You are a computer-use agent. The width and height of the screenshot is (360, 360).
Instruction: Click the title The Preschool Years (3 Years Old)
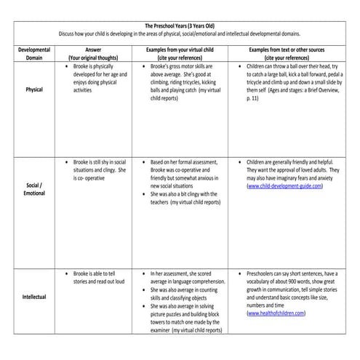point(180,25)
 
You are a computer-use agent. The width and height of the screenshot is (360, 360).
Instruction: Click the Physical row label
point(34,89)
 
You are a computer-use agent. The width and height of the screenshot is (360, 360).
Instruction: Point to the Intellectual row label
point(34,297)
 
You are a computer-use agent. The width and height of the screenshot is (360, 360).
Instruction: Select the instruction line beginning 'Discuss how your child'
point(180,34)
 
